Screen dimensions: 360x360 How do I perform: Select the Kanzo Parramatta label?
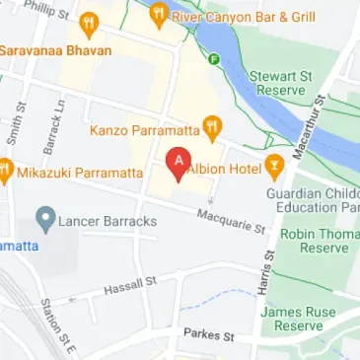pos(144,128)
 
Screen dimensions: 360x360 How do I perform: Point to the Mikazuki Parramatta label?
pos(80,173)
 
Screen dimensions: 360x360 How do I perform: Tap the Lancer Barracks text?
pos(108,221)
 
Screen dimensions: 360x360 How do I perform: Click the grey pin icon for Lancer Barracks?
pos(43,219)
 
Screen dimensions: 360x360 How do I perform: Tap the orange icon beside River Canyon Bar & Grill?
pos(158,14)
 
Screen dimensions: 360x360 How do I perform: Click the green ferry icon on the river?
pos(214,58)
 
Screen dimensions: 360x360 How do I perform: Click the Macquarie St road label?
pos(231,221)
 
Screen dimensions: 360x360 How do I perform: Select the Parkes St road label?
pos(209,335)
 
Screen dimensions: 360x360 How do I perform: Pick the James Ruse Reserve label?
pos(298,319)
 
